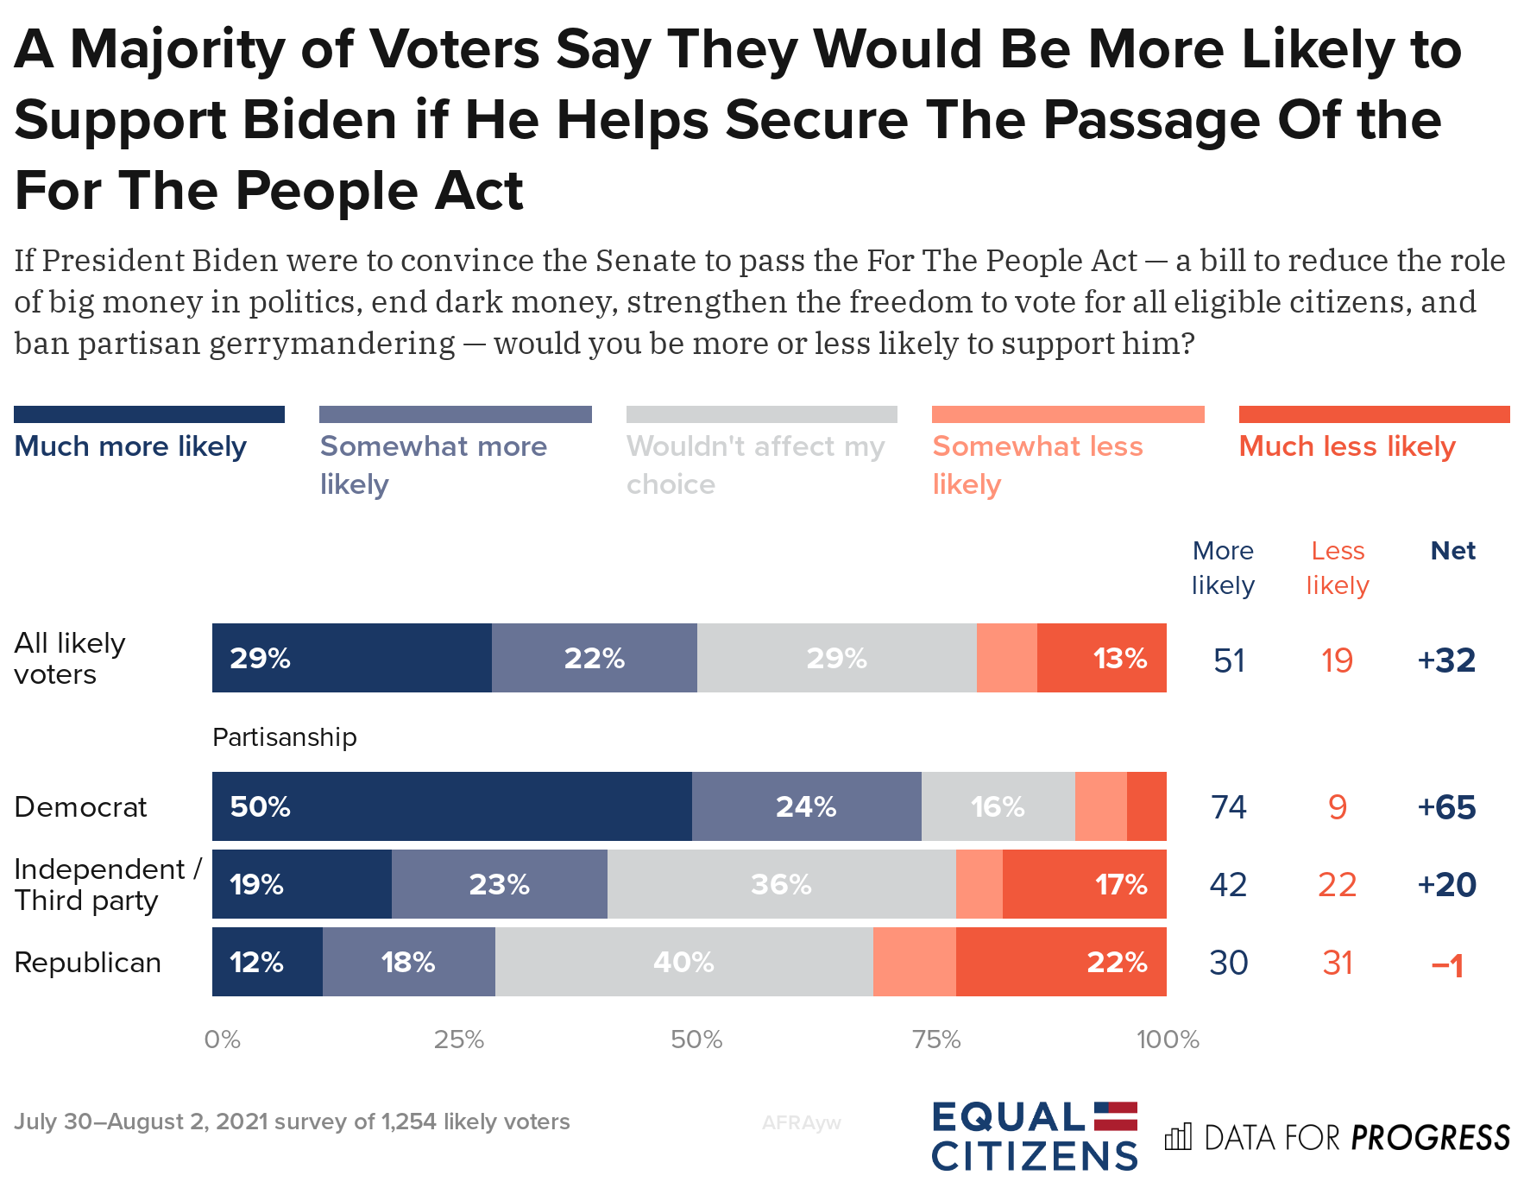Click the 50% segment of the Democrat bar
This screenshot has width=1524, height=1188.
(x=451, y=806)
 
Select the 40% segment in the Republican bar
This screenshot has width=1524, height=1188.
(x=683, y=962)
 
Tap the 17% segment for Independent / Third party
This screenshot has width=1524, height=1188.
(x=1084, y=884)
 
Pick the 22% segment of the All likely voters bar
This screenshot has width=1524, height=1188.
(x=594, y=658)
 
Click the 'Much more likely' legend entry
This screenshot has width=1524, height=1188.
(x=130, y=446)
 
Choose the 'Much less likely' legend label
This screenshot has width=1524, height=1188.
(x=1346, y=446)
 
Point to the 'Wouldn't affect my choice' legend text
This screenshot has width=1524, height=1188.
(x=755, y=464)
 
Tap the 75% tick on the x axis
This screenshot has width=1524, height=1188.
(x=936, y=1039)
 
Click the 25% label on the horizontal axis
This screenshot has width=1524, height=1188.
(x=459, y=1039)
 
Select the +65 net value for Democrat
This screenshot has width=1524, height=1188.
(x=1446, y=807)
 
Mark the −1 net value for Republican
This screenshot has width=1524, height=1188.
(x=1447, y=964)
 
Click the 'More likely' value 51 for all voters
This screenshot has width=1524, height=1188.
(x=1229, y=660)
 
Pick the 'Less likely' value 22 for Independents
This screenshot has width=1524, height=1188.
(x=1337, y=885)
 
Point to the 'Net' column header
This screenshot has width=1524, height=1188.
(x=1452, y=551)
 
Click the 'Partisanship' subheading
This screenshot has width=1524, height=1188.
(x=284, y=737)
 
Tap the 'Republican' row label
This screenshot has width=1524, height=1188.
(x=87, y=962)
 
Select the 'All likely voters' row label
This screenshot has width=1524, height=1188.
(x=69, y=658)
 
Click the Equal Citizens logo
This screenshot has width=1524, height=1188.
(x=1034, y=1136)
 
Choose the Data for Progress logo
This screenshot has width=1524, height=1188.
(x=1337, y=1137)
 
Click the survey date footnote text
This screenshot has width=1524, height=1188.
(x=292, y=1122)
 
